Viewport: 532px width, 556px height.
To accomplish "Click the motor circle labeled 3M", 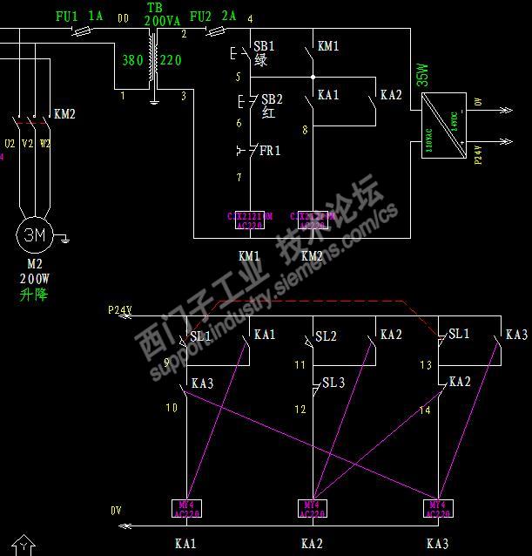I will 34,234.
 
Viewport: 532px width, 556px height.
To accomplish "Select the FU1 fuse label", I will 67,17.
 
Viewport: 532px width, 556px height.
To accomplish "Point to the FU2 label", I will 200,17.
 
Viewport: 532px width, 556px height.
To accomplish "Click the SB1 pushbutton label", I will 263,45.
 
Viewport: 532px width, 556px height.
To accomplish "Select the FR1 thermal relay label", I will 270,151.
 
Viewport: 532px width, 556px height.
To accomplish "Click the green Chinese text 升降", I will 34,295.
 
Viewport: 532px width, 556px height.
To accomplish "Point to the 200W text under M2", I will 35,280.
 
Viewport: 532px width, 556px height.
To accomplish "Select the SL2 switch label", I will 326,336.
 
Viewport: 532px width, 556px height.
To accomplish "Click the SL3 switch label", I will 333,383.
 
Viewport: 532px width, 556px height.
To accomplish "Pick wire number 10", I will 172,407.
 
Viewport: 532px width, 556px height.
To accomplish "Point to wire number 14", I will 425,409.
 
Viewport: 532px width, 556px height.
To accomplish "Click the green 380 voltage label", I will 132,61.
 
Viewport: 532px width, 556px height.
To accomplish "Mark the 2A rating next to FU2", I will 229,17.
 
